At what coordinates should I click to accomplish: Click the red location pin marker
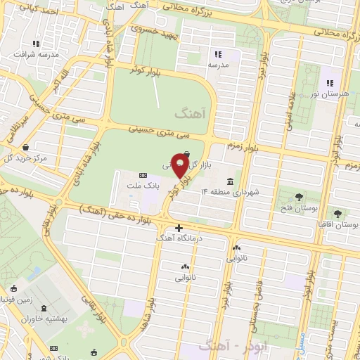coord(180,168)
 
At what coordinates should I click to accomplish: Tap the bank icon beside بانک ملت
coord(143,175)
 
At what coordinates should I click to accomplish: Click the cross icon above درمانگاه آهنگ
coord(179,228)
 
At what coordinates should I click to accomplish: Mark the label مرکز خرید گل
coord(27,159)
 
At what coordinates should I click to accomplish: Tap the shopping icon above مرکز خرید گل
coord(26,148)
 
